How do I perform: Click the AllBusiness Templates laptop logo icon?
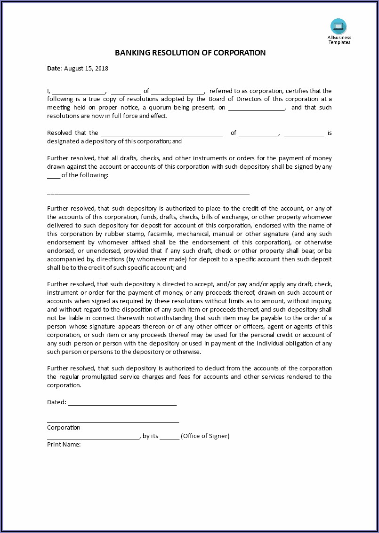pos(339,26)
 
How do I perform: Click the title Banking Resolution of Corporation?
pos(190,53)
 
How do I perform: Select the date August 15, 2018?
pos(86,69)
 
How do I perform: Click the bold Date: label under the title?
pos(55,69)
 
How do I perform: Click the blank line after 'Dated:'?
pos(122,403)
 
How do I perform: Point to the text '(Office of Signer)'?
pos(205,436)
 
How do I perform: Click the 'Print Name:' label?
pos(64,445)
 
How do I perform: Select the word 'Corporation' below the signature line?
pos(64,428)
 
